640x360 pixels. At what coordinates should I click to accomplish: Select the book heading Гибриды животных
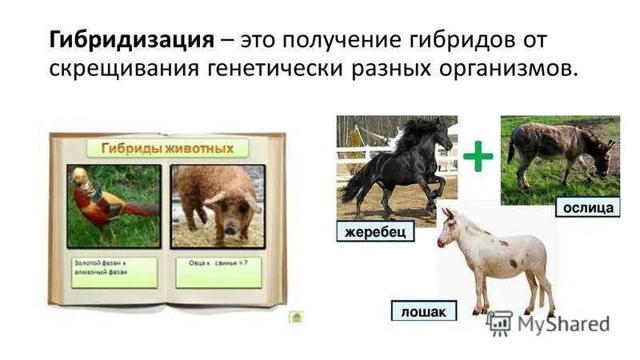[x=167, y=148]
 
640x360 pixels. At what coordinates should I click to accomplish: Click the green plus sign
[x=478, y=155]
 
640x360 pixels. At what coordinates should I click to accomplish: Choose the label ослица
[x=588, y=208]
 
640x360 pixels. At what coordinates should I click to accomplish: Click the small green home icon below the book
[x=295, y=318]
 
